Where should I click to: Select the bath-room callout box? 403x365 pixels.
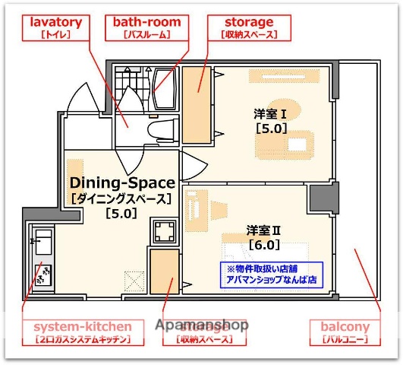(142, 27)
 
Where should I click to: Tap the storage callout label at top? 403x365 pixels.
(249, 27)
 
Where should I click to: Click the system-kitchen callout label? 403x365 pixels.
(82, 332)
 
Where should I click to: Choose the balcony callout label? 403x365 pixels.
(345, 332)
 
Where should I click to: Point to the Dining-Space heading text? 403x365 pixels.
(122, 182)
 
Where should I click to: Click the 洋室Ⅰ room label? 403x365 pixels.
(270, 114)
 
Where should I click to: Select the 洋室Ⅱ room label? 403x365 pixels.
(264, 230)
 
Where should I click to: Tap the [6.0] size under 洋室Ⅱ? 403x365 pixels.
(264, 245)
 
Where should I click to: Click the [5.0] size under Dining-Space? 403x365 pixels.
(121, 213)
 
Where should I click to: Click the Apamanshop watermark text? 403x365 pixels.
(202, 325)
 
